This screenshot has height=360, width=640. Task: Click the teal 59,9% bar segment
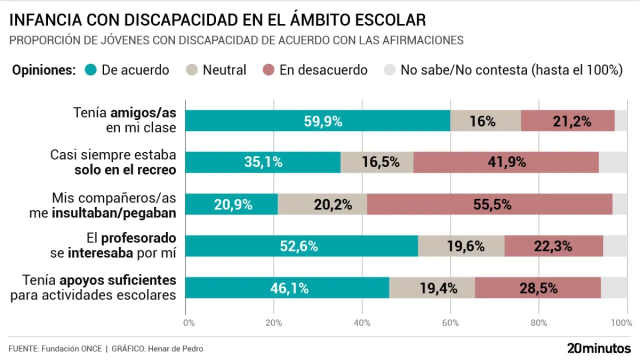[x=317, y=121]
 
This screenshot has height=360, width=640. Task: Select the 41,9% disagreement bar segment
[x=506, y=162]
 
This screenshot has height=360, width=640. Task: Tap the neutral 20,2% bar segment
[x=322, y=204]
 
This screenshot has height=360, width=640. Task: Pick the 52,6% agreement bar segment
[x=301, y=246]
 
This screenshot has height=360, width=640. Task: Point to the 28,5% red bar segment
[x=538, y=288]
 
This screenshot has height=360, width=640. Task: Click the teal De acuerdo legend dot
[x=90, y=70]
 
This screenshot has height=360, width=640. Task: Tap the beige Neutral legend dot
[x=192, y=70]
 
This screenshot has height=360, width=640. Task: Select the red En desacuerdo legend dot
[x=268, y=70]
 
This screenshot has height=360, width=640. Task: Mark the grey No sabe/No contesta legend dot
[x=389, y=70]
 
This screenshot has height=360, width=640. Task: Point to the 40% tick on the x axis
[x=362, y=323]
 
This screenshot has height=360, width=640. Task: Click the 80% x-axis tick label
[x=538, y=323]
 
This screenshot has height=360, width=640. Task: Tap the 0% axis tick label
[x=189, y=323]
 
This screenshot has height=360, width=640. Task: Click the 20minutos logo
[x=598, y=348]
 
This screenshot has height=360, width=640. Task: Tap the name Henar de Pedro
[x=175, y=348]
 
